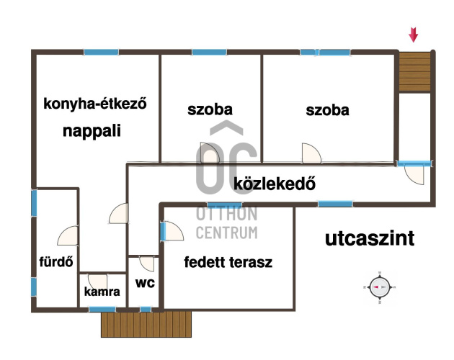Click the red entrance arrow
click(x=413, y=35)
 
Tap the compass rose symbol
click(x=380, y=287)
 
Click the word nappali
click(x=92, y=131)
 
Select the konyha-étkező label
click(x=95, y=104)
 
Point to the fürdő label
click(x=56, y=262)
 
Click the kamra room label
click(x=102, y=292)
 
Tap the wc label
click(x=145, y=283)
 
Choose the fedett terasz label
click(x=228, y=262)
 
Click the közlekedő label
click(x=275, y=184)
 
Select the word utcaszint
click(x=370, y=239)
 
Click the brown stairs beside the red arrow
click(x=414, y=72)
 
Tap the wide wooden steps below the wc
click(x=146, y=324)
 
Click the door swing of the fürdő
click(x=68, y=235)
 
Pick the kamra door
click(x=97, y=282)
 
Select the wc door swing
click(x=146, y=264)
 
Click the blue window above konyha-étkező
click(x=102, y=53)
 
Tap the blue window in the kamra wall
click(x=102, y=310)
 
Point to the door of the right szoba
click(x=311, y=153)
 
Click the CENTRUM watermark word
click(x=227, y=233)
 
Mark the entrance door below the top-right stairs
click(x=414, y=173)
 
